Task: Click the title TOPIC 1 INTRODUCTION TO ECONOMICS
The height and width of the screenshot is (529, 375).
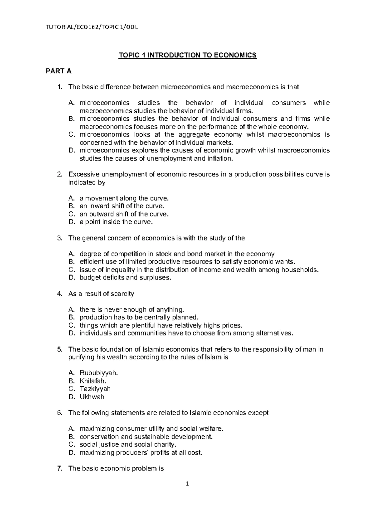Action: pos(187,56)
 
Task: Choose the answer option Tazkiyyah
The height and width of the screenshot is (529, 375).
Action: pos(95,389)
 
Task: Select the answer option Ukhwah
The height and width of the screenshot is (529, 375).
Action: pos(92,397)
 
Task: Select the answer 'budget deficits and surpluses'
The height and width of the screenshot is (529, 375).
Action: pos(126,278)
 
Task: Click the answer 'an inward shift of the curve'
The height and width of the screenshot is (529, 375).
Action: pos(122,206)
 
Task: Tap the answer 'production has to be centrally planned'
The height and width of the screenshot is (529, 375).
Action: pos(139,318)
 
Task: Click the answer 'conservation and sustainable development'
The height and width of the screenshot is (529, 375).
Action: pos(146,437)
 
